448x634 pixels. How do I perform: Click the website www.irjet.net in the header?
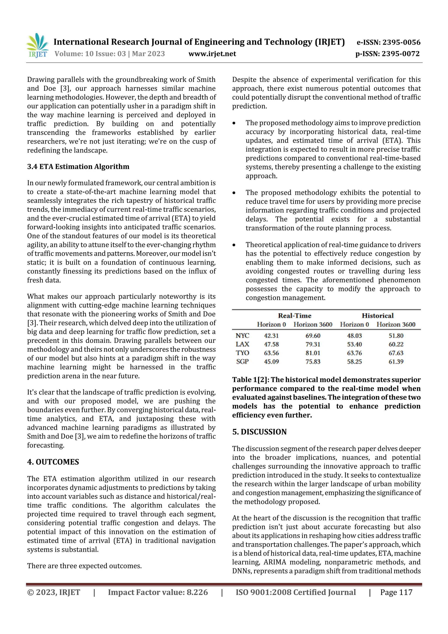(212, 54)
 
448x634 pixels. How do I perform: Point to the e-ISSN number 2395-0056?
(401, 42)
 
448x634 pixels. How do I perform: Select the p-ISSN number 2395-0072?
(401, 54)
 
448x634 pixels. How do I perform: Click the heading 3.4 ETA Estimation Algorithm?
(78, 167)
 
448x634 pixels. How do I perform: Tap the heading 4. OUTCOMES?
(53, 462)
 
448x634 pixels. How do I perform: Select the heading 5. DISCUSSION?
(259, 432)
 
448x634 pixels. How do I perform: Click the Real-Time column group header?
(294, 316)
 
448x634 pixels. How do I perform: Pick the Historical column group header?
(377, 316)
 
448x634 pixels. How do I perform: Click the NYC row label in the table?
(242, 336)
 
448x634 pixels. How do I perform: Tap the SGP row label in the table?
(242, 362)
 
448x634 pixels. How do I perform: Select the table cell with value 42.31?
(271, 336)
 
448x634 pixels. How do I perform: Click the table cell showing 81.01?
(313, 353)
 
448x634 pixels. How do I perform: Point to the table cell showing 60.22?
(396, 344)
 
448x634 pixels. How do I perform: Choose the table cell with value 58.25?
(354, 362)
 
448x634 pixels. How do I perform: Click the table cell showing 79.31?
(313, 344)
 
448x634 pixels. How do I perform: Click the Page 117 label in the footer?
(396, 592)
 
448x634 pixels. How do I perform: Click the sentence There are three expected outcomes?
(84, 566)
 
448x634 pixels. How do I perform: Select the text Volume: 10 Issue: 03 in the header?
(90, 54)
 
